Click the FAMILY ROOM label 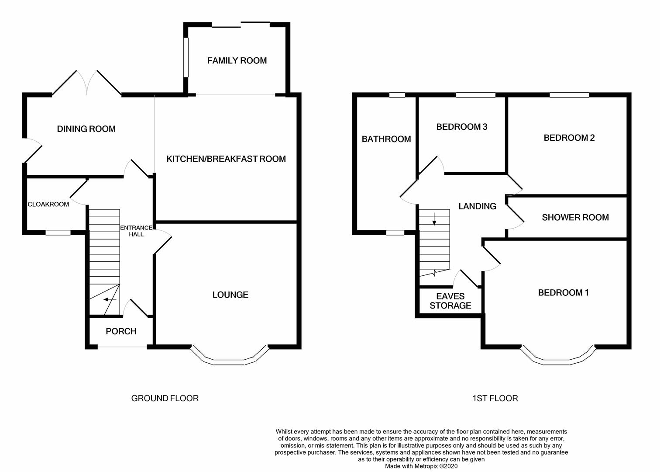point(237,61)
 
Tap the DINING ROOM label point(86,129)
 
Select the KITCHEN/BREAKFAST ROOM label point(226,159)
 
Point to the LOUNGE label point(230,295)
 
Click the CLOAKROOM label point(48,205)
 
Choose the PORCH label point(121,332)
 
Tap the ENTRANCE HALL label point(136,231)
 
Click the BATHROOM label point(386,139)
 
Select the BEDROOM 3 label point(462,127)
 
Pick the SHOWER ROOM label point(575,218)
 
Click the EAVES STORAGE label point(450,302)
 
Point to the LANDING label point(477,206)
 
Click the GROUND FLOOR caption point(165,399)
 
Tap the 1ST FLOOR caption point(495,399)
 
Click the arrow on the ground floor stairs point(110,300)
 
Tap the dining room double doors point(87,83)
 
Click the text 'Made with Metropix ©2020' point(421,466)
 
